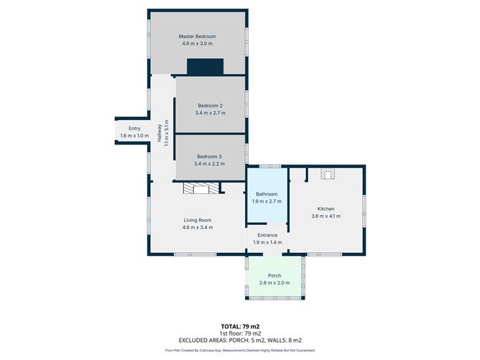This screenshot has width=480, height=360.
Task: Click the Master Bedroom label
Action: click(197, 37)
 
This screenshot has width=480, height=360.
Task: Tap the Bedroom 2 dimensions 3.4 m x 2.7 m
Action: click(211, 113)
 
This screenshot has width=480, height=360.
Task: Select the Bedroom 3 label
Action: click(209, 157)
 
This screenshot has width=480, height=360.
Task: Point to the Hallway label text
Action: click(160, 133)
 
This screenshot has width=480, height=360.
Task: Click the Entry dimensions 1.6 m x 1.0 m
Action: click(134, 136)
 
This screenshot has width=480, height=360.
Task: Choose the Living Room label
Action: click(198, 220)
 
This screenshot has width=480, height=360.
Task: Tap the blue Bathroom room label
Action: click(267, 194)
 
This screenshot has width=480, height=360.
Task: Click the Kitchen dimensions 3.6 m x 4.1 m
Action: click(326, 216)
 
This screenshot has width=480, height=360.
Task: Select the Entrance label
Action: click(267, 235)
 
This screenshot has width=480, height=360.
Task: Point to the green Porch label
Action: click(274, 275)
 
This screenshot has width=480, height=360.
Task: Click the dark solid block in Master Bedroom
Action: click(205, 66)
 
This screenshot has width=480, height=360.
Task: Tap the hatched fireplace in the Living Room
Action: click(201, 188)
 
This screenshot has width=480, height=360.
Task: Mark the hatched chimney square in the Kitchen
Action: click(328, 174)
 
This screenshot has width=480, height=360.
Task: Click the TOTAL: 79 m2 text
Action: click(240, 327)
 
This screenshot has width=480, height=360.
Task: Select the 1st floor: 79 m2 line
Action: click(240, 333)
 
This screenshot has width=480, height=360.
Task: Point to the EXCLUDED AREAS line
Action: click(240, 340)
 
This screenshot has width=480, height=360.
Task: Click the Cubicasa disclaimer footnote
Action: click(240, 350)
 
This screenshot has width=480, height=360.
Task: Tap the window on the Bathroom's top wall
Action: click(270, 166)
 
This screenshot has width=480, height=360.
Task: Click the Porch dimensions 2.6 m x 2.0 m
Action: click(274, 283)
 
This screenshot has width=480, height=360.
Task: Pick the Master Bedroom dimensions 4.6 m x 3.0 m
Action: click(197, 44)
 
